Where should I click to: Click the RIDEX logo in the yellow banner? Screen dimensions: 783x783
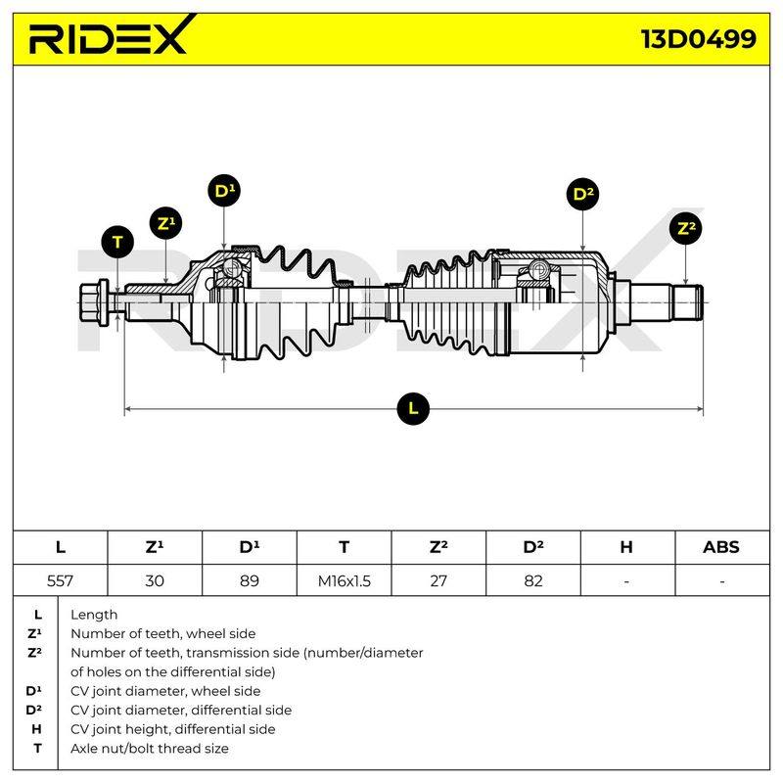click(109, 36)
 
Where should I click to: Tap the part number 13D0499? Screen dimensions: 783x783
click(698, 39)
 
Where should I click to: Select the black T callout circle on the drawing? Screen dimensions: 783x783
click(117, 242)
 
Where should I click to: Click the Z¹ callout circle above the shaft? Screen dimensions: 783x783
click(165, 223)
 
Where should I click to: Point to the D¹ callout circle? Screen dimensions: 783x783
click(224, 191)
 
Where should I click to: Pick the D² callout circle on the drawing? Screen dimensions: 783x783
click(582, 194)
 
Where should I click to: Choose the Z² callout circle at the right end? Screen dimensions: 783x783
click(686, 229)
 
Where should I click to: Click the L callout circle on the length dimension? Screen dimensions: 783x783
click(413, 408)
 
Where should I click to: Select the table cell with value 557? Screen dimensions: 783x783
click(60, 580)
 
